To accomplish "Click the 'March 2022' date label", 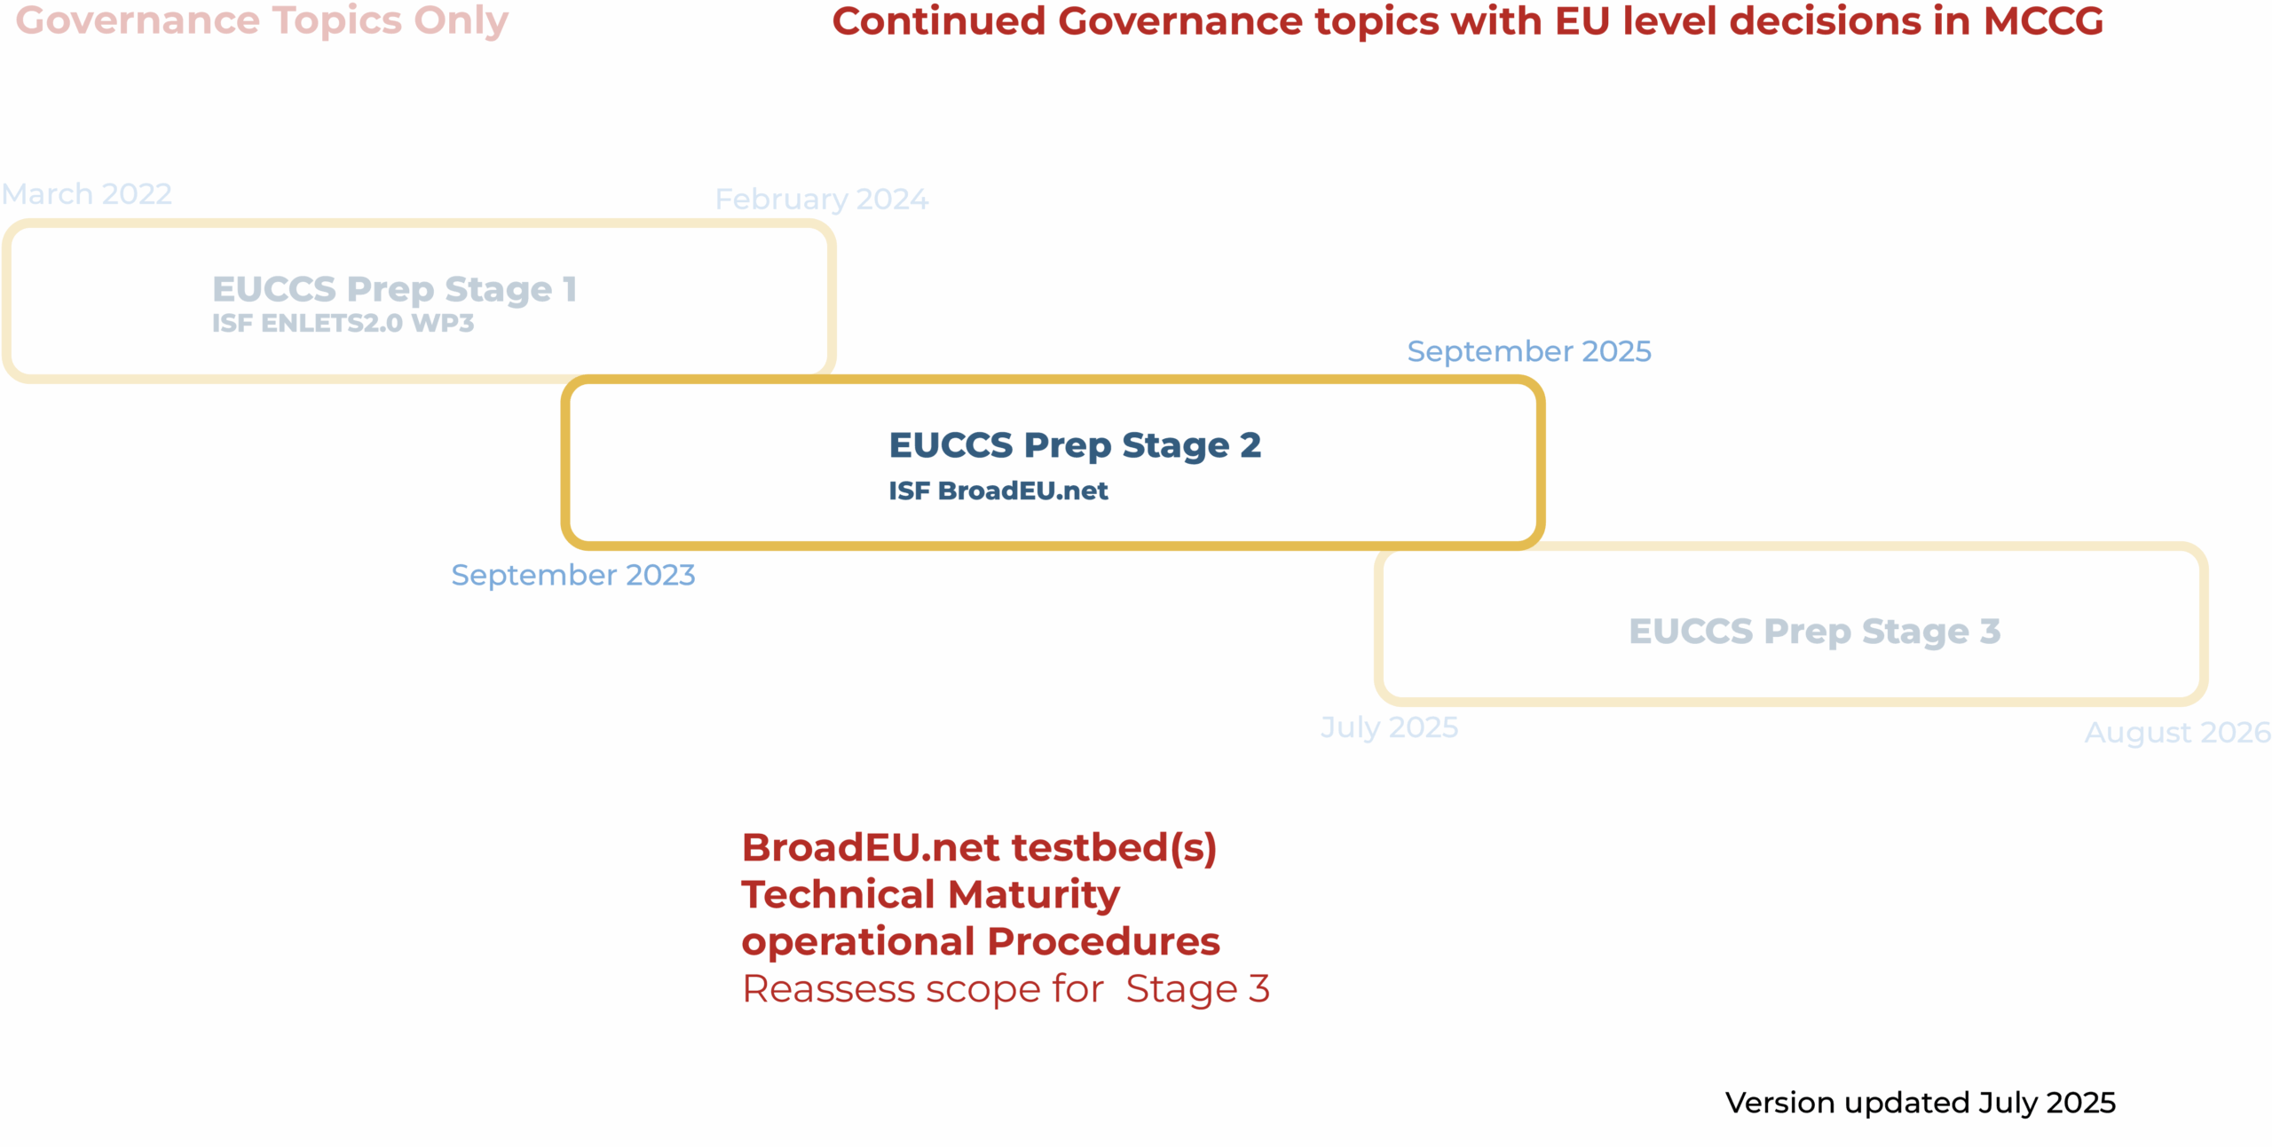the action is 87,193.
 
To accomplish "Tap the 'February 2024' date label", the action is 822,200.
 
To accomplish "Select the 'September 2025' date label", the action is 1529,352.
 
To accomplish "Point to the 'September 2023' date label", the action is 573,576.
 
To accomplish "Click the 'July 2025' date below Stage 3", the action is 1389,727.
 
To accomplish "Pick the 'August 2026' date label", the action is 2177,733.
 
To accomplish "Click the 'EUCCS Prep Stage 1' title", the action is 395,289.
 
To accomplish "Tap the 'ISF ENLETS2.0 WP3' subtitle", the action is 343,323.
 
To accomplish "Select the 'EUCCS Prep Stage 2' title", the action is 1075,445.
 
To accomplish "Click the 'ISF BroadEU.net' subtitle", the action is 998,491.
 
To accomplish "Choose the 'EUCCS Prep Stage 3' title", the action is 1814,632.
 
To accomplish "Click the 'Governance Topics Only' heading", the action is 262,21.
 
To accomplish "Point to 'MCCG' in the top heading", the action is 2043,21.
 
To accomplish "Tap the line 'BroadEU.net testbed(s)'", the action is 979,847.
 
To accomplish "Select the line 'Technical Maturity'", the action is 930,894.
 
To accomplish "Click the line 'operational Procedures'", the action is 981,941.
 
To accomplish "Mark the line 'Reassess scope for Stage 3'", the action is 1006,988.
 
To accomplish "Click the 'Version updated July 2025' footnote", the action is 1921,1103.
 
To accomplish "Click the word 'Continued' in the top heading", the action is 939,21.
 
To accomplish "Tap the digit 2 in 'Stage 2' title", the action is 1250,444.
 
